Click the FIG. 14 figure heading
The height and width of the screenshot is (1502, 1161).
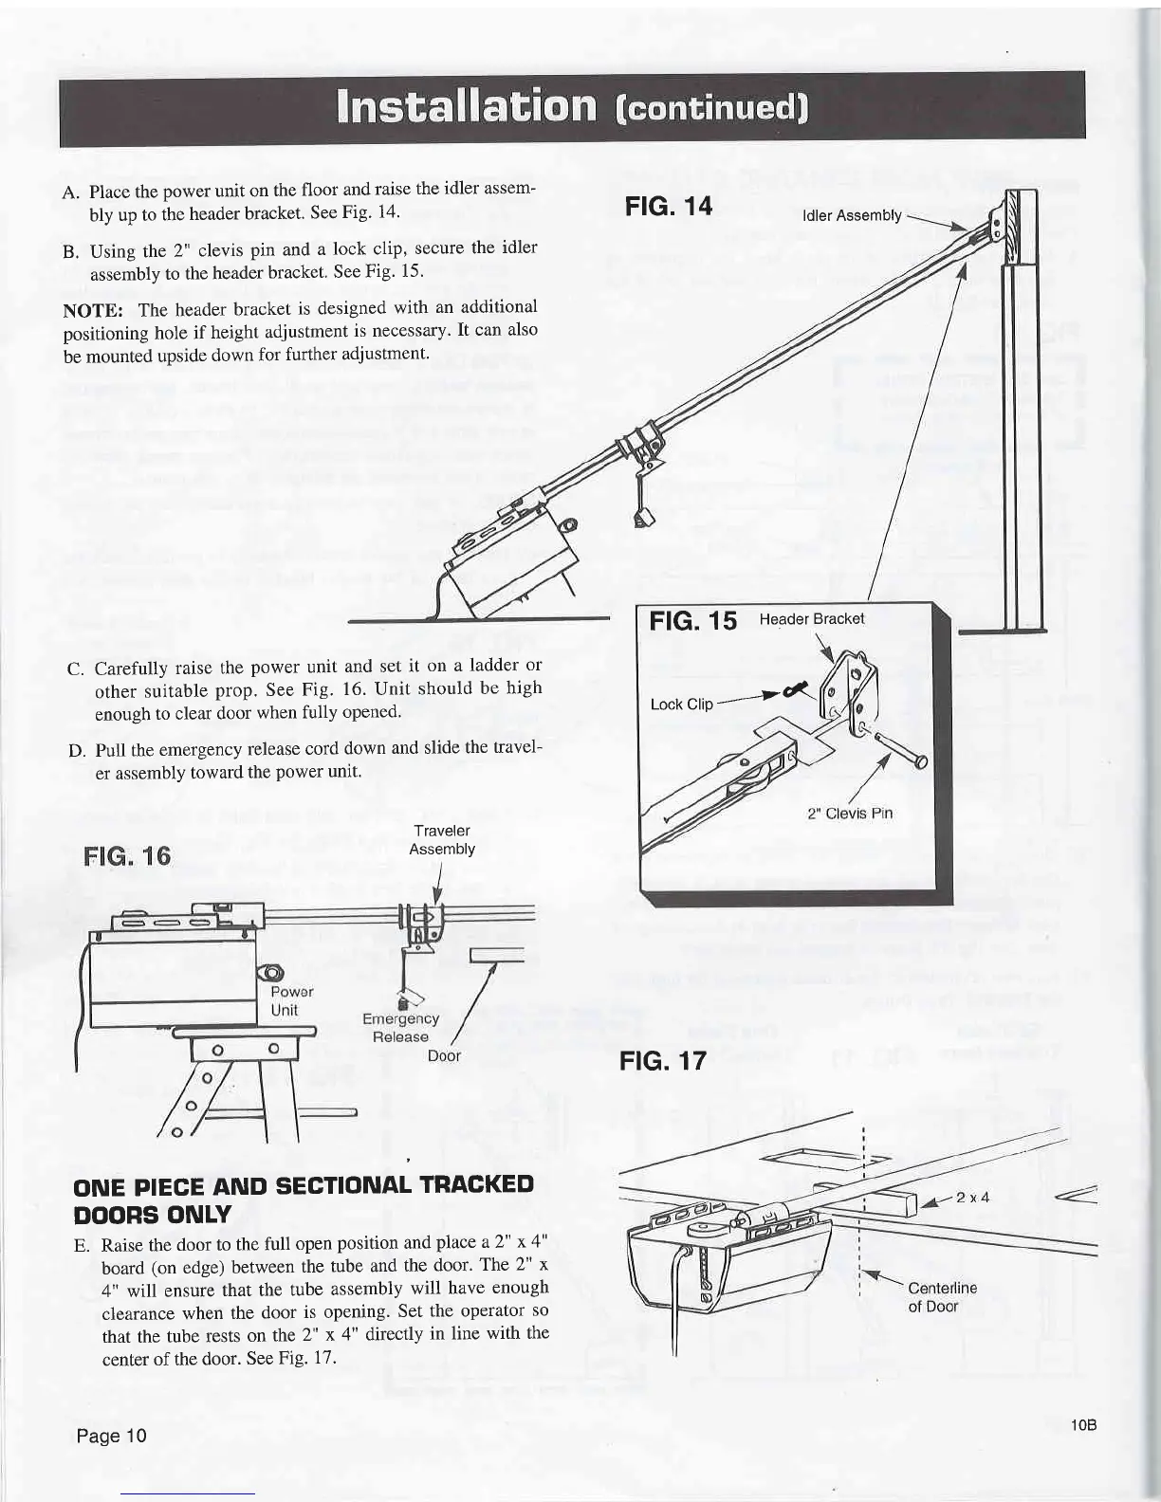tap(668, 206)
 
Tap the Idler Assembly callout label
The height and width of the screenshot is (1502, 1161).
tap(851, 215)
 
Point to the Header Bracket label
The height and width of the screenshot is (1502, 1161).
tap(812, 618)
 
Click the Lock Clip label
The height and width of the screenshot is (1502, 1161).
tap(681, 704)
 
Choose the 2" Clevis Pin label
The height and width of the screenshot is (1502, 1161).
tap(849, 813)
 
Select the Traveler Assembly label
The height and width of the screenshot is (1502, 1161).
tap(441, 839)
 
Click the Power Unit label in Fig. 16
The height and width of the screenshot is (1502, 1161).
tap(286, 1000)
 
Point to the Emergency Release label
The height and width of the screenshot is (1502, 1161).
tap(401, 1027)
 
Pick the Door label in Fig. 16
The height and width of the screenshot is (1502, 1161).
tap(444, 1055)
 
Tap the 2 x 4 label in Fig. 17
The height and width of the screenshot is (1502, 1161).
tap(972, 1196)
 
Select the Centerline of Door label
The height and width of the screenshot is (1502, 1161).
tap(941, 1296)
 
